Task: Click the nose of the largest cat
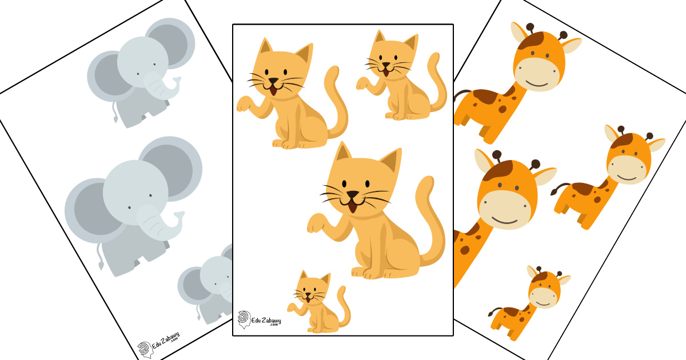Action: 353,195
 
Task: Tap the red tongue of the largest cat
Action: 353,207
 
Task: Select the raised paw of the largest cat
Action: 316,223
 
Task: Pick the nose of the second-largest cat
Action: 273,81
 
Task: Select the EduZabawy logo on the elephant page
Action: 158,345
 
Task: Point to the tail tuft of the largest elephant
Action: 101,265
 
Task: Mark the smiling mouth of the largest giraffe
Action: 504,221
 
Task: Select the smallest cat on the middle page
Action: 319,302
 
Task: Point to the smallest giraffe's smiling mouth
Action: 544,303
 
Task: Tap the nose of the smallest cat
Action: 308,295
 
